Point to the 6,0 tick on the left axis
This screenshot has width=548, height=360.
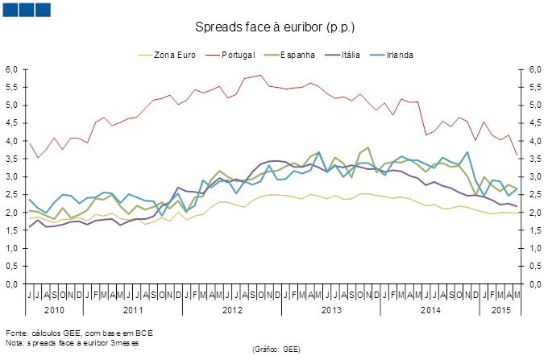tap(11, 69)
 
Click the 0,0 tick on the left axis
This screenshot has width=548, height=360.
tap(11, 284)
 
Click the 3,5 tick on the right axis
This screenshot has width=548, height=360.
tap(534, 159)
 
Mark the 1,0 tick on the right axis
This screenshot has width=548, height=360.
tap(534, 248)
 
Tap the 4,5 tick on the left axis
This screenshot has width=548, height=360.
tap(11, 123)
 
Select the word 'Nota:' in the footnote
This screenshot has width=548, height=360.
tap(15, 342)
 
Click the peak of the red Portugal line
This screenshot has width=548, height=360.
tap(259, 75)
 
